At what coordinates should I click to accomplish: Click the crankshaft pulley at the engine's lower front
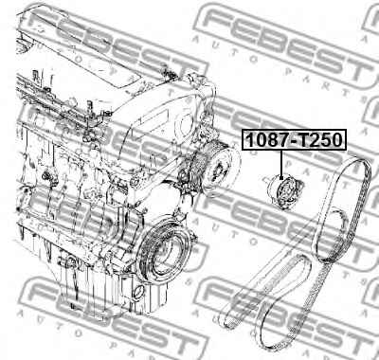(x=164, y=255)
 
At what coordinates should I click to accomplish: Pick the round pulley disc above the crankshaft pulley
(x=220, y=171)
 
